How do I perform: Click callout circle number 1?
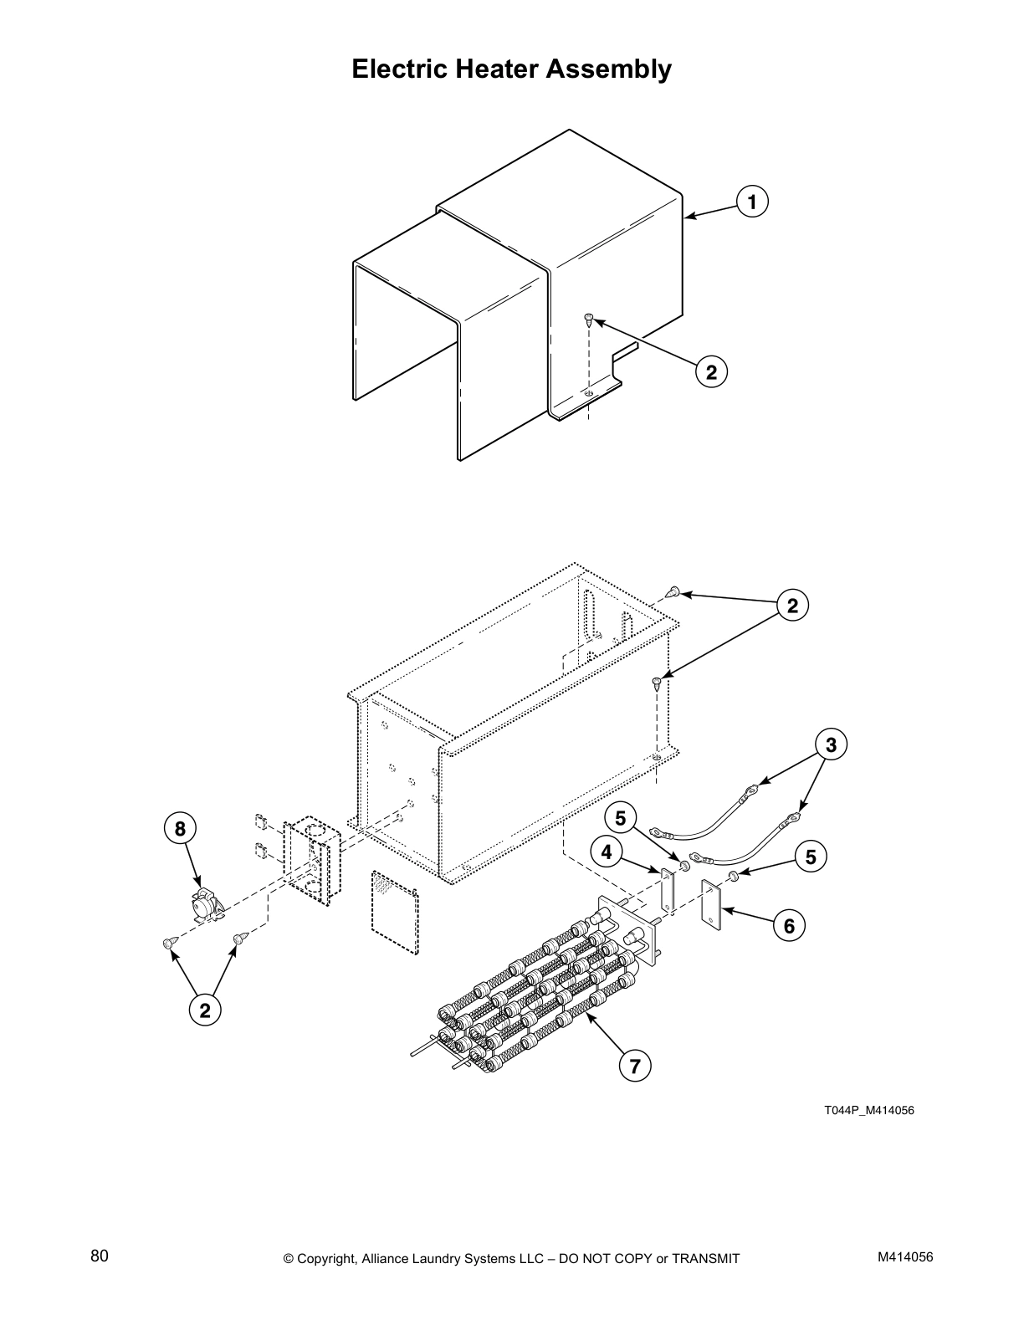pos(752,202)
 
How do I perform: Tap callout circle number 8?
pos(180,828)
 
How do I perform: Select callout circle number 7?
pos(635,1066)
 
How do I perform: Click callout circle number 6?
pos(789,924)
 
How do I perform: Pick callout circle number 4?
pos(607,852)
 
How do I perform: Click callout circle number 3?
pos(830,744)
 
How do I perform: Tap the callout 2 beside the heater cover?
pos(711,371)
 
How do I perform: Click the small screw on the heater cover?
pos(588,319)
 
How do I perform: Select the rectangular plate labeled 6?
pos(712,906)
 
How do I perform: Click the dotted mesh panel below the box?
pos(392,912)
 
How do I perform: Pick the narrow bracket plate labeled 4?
pos(667,891)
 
